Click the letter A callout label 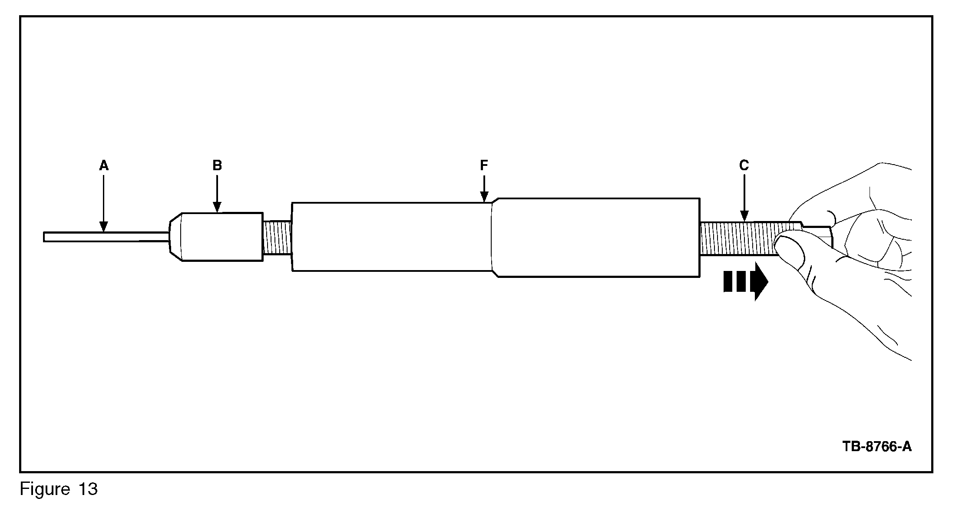click(103, 165)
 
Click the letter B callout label click(217, 165)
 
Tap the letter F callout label click(484, 165)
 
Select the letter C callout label click(744, 165)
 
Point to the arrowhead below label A click(103, 227)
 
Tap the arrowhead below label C click(744, 216)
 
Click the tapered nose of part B click(175, 237)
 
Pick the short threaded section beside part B click(277, 238)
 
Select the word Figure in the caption click(45, 489)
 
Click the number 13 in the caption click(88, 489)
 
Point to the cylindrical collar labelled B click(222, 237)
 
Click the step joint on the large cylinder click(493, 237)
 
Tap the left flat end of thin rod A click(44, 237)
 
